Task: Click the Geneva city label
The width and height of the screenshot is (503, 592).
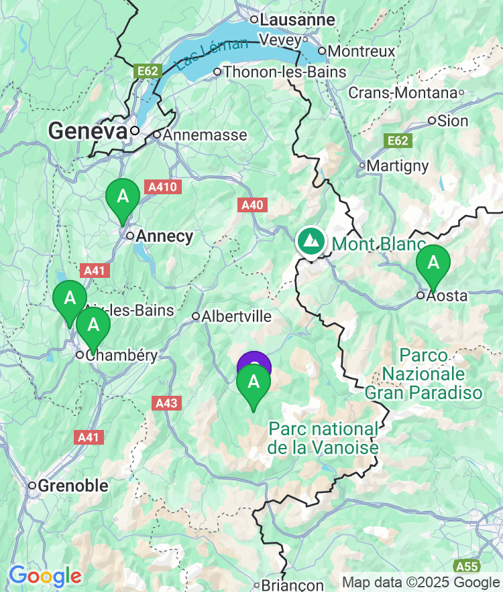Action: pyautogui.click(x=87, y=131)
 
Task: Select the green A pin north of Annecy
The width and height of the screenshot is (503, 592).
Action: pyautogui.click(x=123, y=198)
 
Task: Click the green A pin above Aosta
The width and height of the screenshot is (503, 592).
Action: pyautogui.click(x=433, y=263)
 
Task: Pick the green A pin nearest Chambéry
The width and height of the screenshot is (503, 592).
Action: pyautogui.click(x=93, y=325)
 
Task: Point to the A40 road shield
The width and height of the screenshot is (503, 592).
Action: pyautogui.click(x=252, y=205)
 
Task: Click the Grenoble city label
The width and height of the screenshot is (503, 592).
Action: pyautogui.click(x=73, y=486)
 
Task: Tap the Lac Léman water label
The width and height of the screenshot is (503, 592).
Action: pyautogui.click(x=211, y=56)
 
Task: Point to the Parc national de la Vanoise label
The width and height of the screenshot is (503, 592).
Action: pyautogui.click(x=323, y=438)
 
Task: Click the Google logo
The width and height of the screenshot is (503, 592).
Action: pyautogui.click(x=45, y=575)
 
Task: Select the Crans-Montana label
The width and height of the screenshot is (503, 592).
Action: pyautogui.click(x=402, y=93)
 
